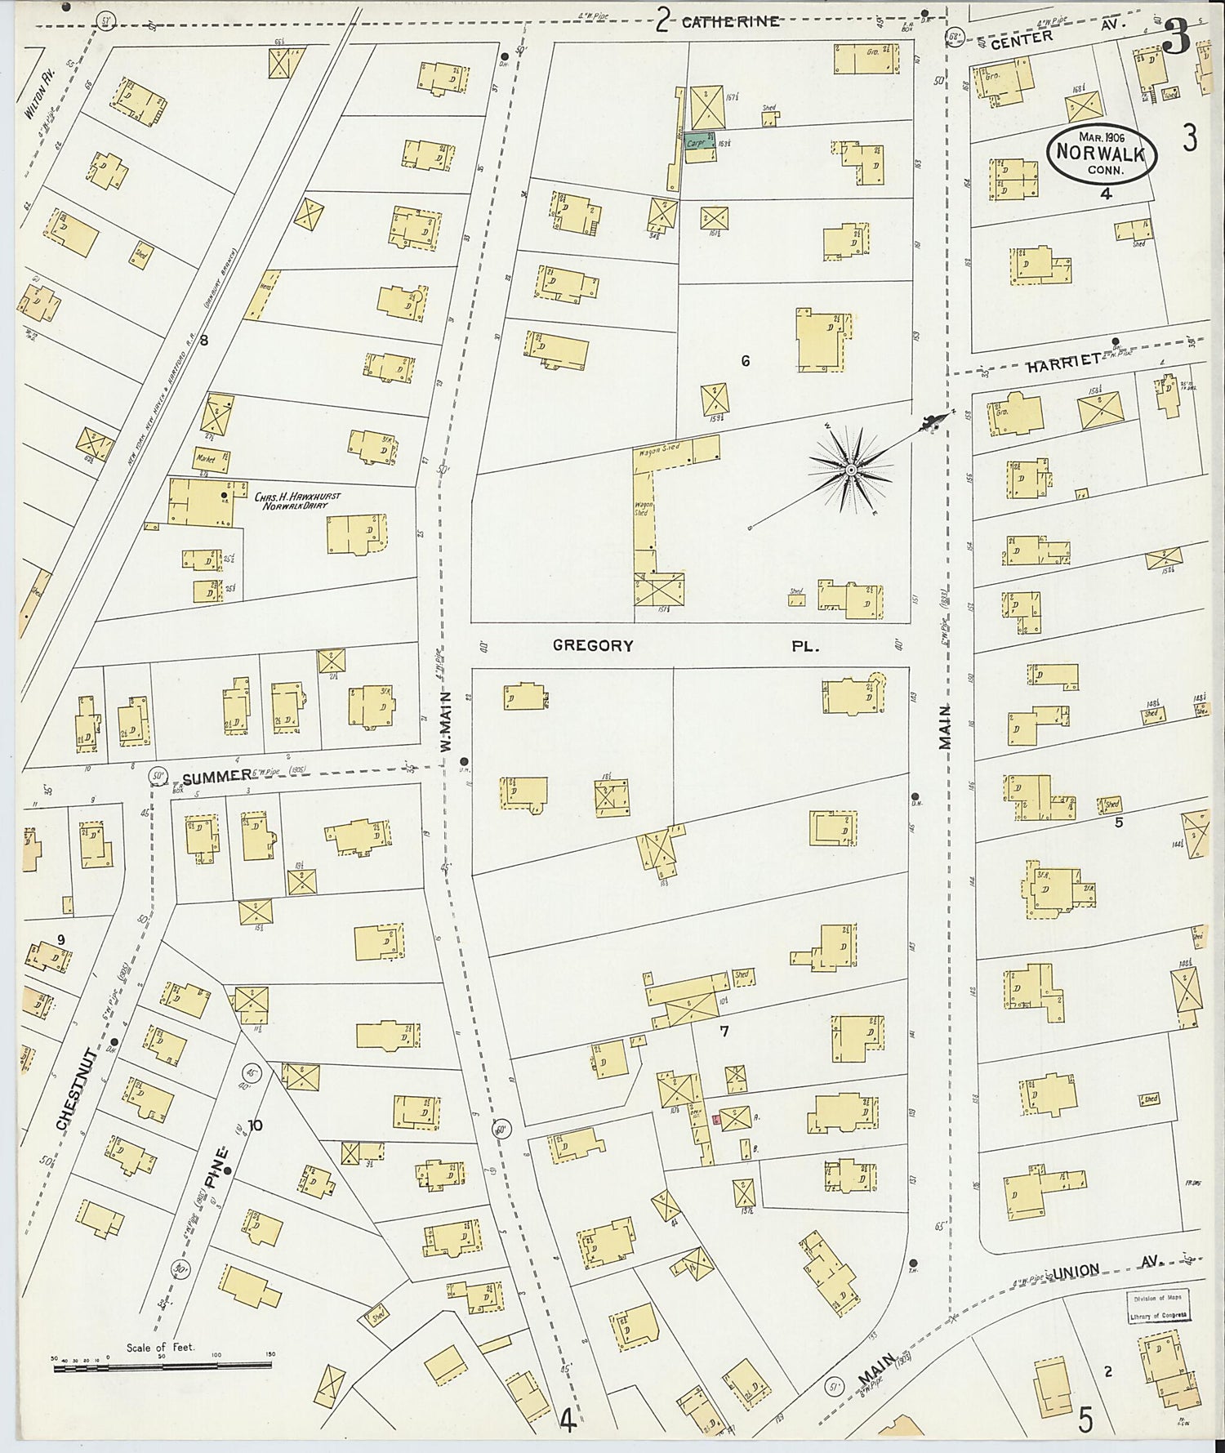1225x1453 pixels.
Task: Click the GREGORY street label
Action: (593, 645)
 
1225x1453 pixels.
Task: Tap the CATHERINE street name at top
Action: (730, 22)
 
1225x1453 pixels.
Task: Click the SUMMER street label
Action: (216, 777)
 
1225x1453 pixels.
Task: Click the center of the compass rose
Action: (851, 470)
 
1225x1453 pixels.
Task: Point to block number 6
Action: (745, 361)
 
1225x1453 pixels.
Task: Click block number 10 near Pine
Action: (255, 1125)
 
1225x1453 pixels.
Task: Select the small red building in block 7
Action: (716, 1120)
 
